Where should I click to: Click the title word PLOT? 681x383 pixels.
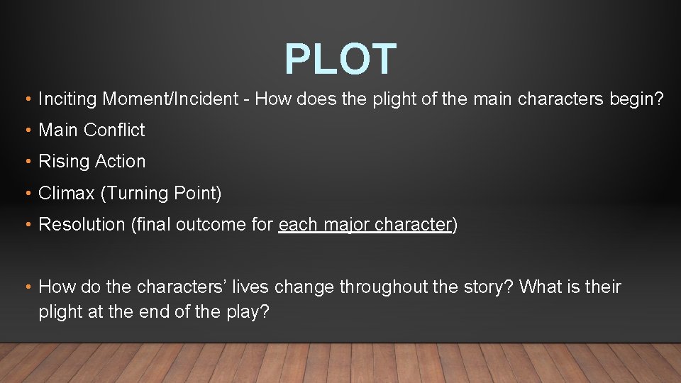(x=340, y=59)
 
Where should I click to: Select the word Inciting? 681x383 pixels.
(x=67, y=99)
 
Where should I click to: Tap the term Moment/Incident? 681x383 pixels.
(x=170, y=99)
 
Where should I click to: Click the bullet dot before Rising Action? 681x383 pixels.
(x=26, y=162)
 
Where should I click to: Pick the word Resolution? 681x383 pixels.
(x=82, y=225)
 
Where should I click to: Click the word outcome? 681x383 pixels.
(x=208, y=225)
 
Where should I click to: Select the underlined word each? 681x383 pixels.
(x=298, y=225)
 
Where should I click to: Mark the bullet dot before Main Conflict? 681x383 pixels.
(x=26, y=131)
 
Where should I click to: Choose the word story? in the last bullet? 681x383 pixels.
(x=486, y=287)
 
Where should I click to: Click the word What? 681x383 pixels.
(x=541, y=287)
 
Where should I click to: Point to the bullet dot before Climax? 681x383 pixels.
(x=26, y=194)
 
